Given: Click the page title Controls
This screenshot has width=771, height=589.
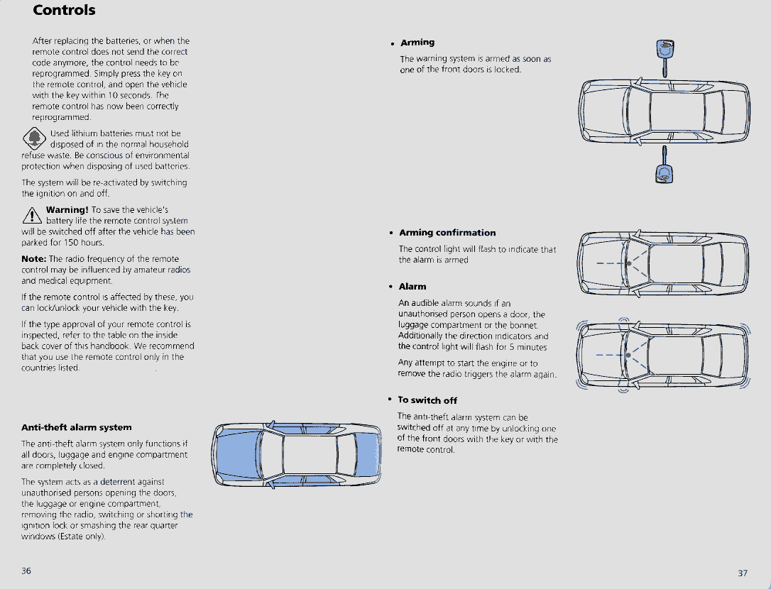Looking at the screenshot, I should (x=64, y=11).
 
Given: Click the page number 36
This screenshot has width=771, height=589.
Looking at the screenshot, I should (x=26, y=571).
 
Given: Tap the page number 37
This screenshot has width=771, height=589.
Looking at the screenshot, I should (x=743, y=573).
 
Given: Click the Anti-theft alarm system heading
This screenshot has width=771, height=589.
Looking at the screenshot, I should (x=77, y=427).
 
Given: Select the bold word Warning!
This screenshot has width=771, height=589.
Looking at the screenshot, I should (x=67, y=209).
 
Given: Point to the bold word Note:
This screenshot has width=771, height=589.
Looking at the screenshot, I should (x=34, y=259).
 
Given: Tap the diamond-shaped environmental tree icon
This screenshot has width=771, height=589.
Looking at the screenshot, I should (x=33, y=138).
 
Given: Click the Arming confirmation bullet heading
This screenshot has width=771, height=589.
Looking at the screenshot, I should (x=447, y=233).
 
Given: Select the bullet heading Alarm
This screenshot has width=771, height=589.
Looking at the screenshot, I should (x=412, y=287).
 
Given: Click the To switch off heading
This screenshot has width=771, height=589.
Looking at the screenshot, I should (x=427, y=400).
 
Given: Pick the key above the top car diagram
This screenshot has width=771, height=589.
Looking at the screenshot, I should (x=665, y=57).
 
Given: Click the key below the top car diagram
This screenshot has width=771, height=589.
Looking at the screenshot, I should (x=664, y=167).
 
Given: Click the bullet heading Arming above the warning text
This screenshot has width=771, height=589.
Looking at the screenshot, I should (x=417, y=43).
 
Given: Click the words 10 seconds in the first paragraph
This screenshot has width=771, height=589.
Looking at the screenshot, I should (x=107, y=95).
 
